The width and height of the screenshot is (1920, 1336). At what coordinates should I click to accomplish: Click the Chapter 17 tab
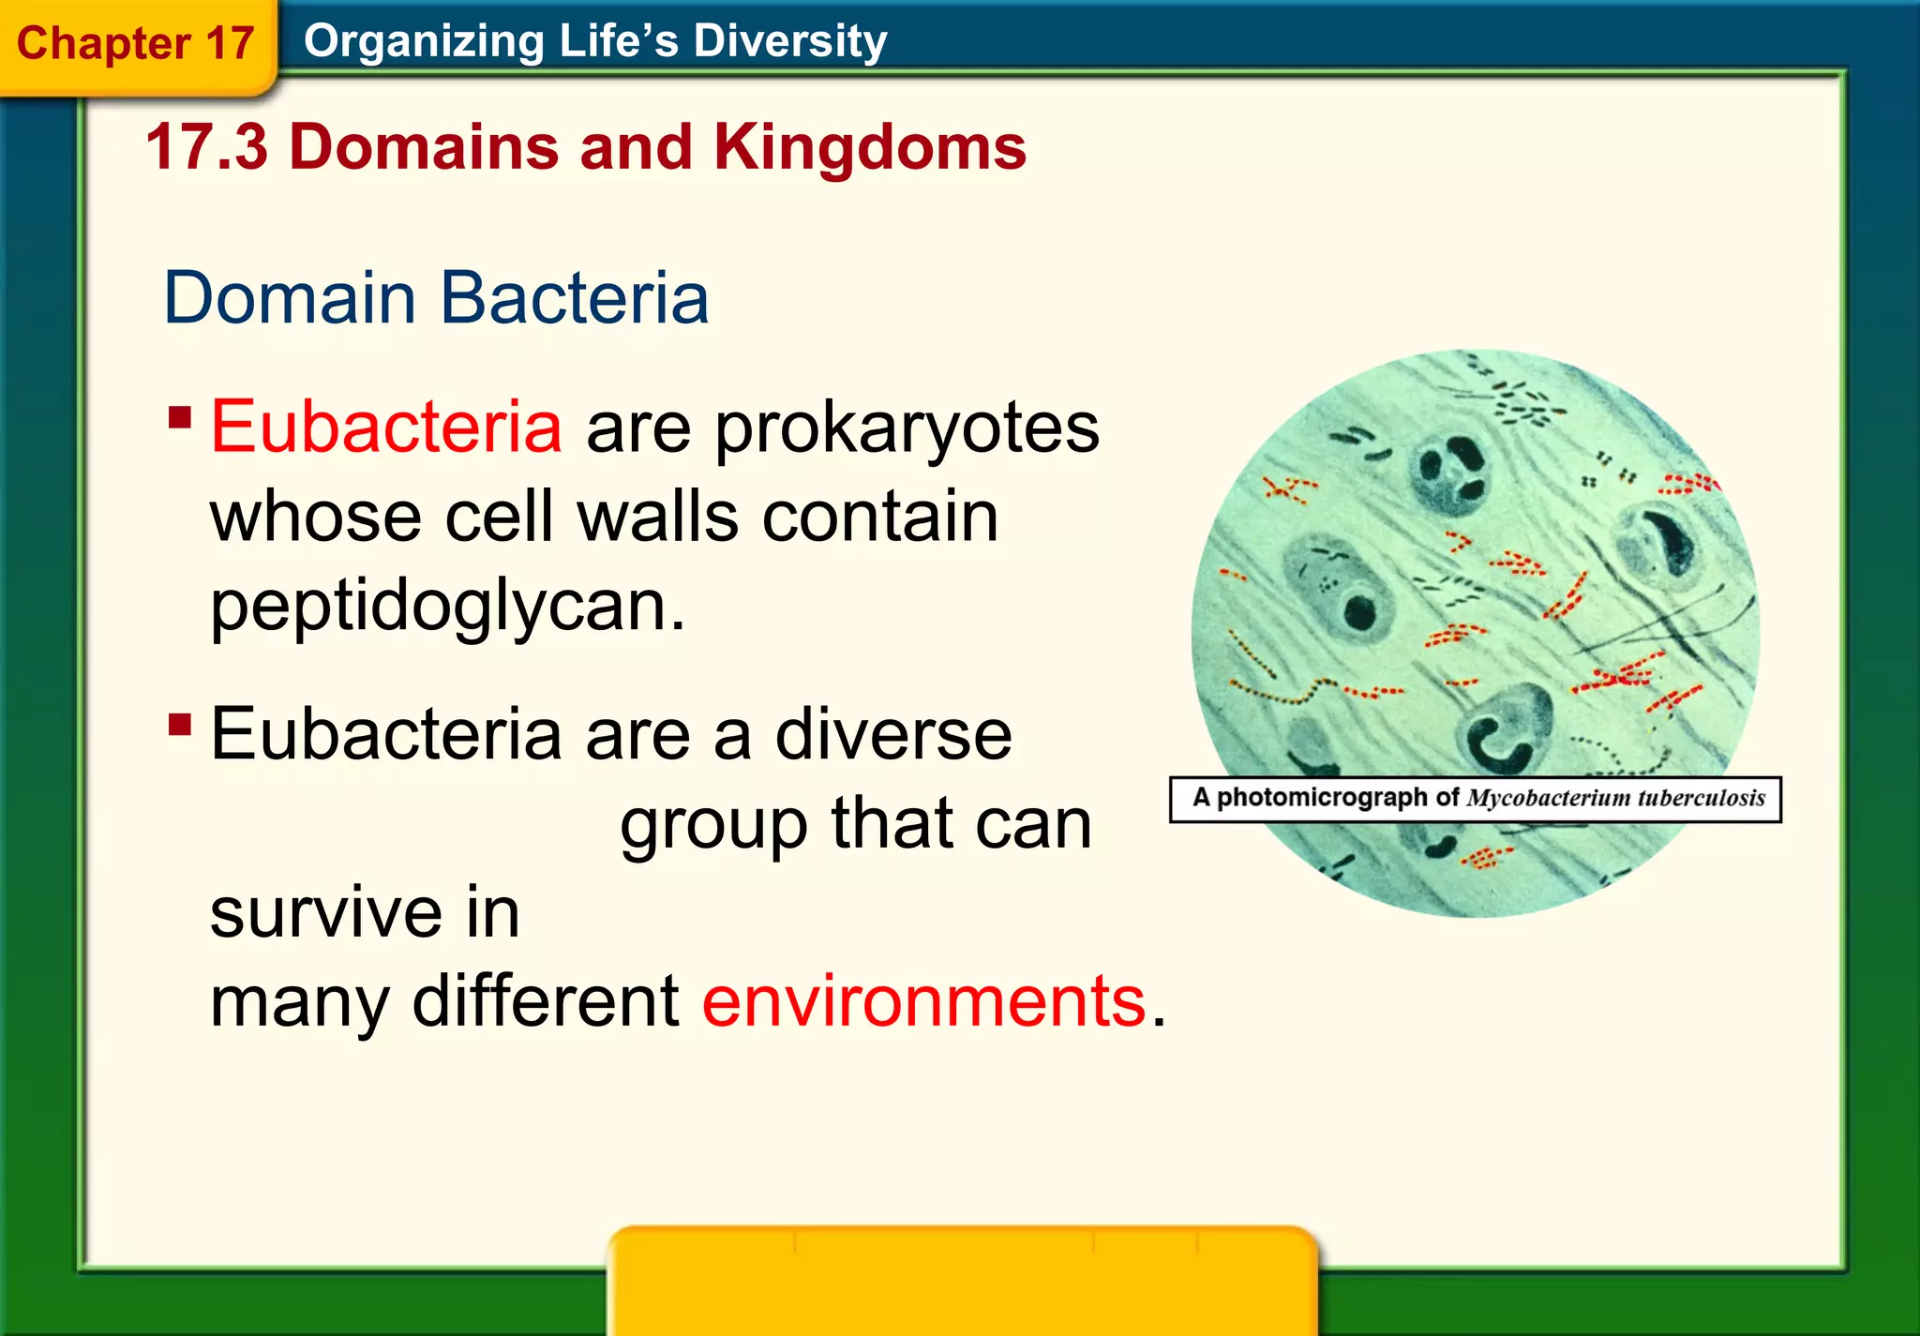(x=136, y=44)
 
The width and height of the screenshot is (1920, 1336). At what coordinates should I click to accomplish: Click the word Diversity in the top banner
(x=789, y=41)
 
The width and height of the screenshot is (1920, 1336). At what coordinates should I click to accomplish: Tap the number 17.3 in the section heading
(x=206, y=147)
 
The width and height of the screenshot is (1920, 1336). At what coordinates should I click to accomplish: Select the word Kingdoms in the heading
(x=869, y=147)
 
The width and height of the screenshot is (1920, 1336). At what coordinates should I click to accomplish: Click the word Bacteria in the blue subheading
(x=574, y=298)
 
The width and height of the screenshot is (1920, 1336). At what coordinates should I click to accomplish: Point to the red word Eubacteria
(x=385, y=427)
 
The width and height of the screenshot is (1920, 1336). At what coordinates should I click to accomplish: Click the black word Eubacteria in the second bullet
(x=385, y=734)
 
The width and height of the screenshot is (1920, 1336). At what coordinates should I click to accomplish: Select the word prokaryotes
(x=907, y=428)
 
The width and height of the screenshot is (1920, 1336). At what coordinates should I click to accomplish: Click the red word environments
(x=923, y=1000)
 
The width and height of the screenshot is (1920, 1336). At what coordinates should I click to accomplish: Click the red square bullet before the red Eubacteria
(x=180, y=416)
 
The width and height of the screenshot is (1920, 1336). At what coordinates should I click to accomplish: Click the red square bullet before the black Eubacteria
(x=180, y=724)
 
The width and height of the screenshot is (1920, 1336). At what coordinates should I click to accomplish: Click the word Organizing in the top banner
(x=424, y=41)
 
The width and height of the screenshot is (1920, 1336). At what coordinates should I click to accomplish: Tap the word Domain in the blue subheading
(x=290, y=298)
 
